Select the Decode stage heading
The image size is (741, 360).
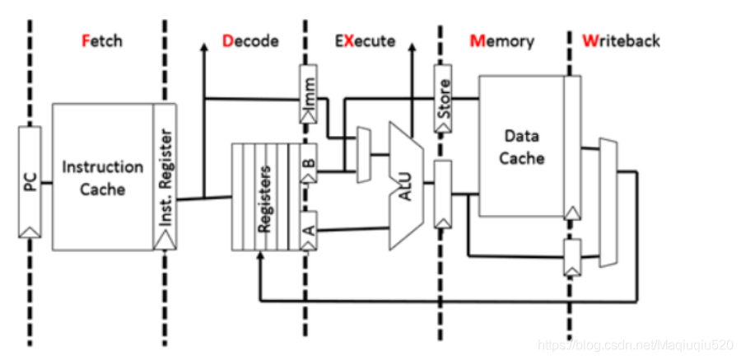coord(250,40)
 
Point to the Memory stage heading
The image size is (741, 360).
coord(501,40)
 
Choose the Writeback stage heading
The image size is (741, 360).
coord(621,40)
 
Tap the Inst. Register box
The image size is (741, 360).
coord(165,177)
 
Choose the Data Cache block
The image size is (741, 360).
coord(521,146)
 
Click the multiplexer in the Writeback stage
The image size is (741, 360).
coord(608,203)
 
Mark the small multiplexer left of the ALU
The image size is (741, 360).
coord(363,154)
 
